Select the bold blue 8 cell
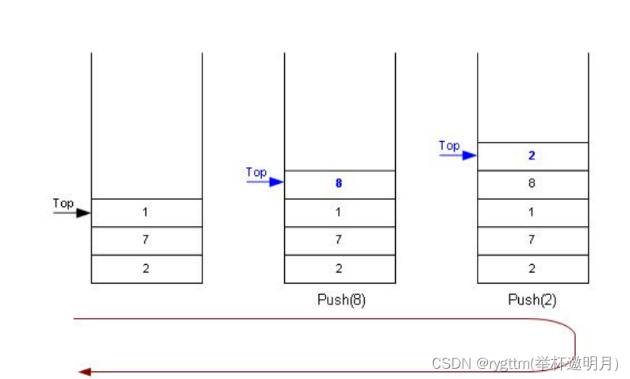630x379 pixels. click(x=339, y=184)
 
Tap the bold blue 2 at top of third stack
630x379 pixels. click(x=532, y=156)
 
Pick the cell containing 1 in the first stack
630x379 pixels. click(x=147, y=212)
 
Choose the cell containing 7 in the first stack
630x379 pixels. click(x=147, y=240)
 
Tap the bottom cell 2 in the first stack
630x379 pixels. click(x=147, y=269)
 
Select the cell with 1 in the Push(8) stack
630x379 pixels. click(x=339, y=212)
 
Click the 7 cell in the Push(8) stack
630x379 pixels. click(x=339, y=240)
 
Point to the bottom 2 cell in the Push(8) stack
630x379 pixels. click(x=339, y=269)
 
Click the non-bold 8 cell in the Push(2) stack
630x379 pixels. click(x=532, y=184)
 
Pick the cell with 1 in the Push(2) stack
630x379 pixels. click(x=532, y=212)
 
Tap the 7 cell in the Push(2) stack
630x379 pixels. click(x=532, y=240)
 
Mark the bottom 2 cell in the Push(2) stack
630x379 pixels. click(x=532, y=269)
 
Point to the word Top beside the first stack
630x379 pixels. click(x=63, y=204)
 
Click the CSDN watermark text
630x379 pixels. click(x=524, y=363)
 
